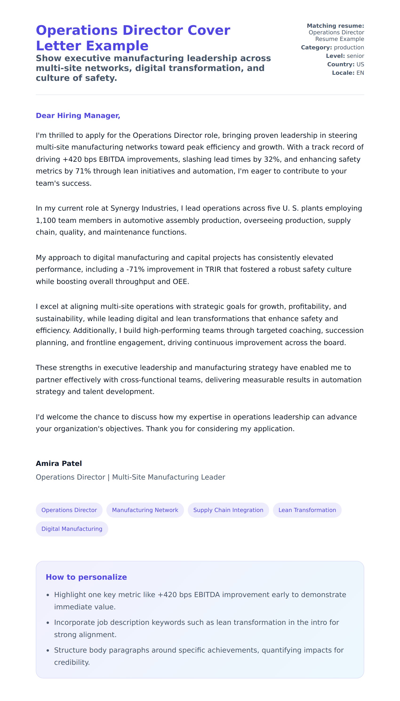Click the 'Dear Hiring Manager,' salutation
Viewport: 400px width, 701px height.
click(78, 116)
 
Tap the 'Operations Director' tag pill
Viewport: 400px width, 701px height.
click(69, 510)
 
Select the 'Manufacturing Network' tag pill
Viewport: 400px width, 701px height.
click(145, 510)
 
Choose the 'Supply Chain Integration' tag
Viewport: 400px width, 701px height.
click(228, 510)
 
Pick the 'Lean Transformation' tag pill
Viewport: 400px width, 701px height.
click(307, 510)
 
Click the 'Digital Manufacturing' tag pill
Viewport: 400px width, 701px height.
click(72, 529)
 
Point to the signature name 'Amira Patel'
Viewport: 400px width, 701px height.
click(59, 464)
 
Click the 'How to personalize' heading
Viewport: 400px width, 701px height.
click(86, 577)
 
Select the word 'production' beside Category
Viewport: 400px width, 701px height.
click(349, 47)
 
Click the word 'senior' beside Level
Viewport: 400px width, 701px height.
click(355, 56)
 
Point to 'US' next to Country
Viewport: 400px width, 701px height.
click(360, 64)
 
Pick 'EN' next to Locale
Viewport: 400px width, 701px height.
click(360, 73)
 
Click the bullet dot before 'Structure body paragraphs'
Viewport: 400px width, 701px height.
click(48, 650)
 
